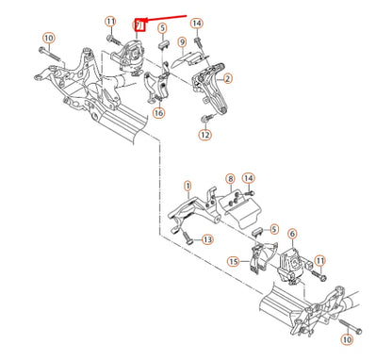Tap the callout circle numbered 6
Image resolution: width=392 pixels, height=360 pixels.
point(292,233)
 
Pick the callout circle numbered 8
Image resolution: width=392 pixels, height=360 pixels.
point(229,178)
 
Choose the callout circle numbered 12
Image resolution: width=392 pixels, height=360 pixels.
point(205,135)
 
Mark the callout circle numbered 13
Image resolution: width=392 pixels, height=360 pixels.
point(206,240)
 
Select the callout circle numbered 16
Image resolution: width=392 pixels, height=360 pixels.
point(158,113)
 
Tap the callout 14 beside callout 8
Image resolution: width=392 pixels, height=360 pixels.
point(248,178)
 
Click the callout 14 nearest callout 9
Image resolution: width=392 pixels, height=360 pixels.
point(196,23)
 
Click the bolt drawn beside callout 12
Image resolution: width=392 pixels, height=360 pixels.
point(205,118)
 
